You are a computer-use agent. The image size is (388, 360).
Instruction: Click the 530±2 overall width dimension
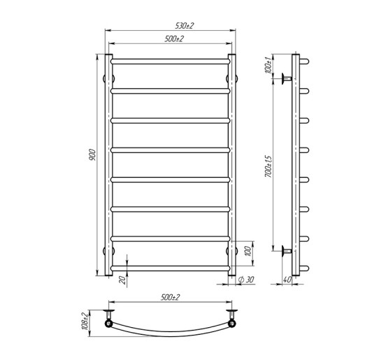185,26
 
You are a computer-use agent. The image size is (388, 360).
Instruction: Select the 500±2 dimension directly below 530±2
174,39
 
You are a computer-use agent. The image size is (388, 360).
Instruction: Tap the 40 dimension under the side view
288,281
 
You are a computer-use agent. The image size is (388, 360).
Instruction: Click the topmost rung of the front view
170,61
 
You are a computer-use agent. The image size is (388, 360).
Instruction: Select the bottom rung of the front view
170,267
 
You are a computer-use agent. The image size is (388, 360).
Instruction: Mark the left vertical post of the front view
108,164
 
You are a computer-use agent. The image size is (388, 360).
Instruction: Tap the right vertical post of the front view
232,164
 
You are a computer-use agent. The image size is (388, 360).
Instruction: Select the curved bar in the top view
170,331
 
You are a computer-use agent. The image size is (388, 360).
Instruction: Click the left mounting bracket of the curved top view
110,320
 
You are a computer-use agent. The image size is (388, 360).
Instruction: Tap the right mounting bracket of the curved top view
231,320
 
